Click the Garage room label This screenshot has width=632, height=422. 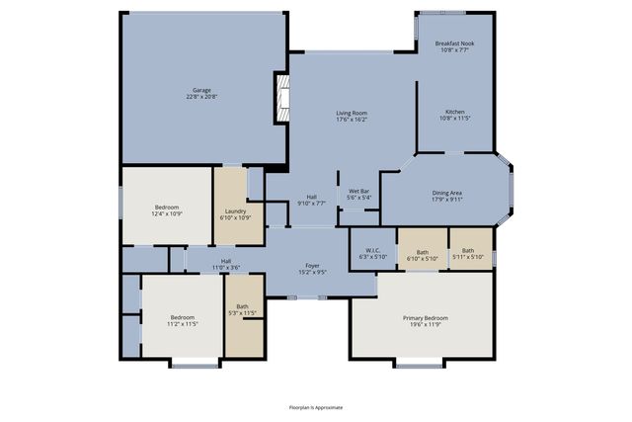[202, 90]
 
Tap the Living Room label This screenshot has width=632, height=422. [353, 114]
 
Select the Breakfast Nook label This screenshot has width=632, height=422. [454, 44]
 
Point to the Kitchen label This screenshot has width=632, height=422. [454, 114]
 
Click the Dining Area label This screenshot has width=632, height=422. [447, 193]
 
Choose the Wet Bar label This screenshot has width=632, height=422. [358, 191]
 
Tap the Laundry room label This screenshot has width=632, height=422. [235, 211]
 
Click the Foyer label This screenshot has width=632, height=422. [312, 265]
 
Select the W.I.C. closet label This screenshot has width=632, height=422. [372, 250]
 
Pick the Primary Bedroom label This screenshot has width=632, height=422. [425, 317]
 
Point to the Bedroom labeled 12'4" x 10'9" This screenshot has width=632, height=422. [165, 208]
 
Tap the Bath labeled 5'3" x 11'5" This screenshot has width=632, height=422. [242, 306]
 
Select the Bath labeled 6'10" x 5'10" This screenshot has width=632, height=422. [423, 251]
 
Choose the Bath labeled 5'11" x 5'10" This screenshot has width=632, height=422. [468, 251]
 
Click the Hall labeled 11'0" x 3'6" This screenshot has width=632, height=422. [225, 260]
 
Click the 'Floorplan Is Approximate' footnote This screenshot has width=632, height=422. [315, 406]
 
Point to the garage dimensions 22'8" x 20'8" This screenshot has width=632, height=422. [202, 96]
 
